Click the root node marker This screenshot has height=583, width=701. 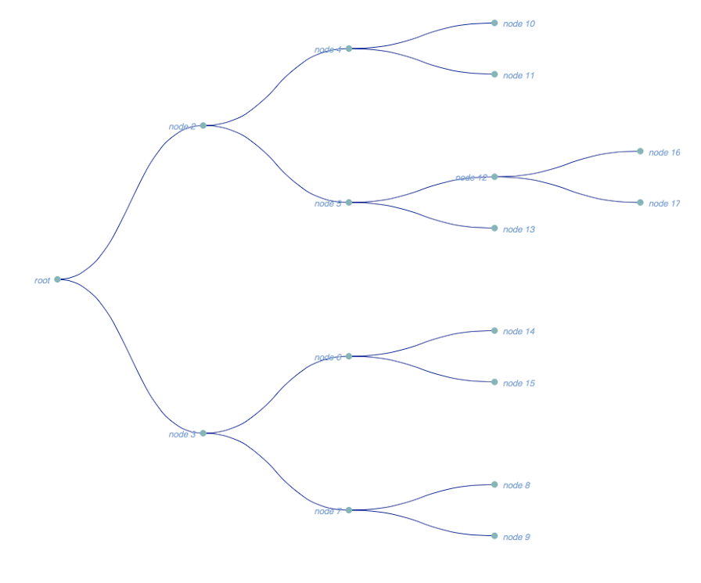pos(57,279)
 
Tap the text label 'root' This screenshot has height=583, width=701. pos(42,280)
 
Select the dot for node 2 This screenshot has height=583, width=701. pos(203,125)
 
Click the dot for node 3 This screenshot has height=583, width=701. pos(203,433)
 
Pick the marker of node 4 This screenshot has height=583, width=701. pos(349,49)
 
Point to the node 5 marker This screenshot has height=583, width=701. pos(349,202)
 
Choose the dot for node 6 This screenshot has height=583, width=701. pos(349,356)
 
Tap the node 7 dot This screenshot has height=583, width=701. pos(349,509)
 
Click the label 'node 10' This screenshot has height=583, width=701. pos(519,24)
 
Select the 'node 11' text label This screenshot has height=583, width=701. pos(519,76)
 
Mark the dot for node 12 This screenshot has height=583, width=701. pos(494,177)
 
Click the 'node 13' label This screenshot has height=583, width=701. pos(519,229)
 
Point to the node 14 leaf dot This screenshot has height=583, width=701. pos(494,330)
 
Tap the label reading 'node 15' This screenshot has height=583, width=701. pos(519,383)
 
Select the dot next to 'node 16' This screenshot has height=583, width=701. pos(640,151)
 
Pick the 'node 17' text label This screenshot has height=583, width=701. pos(664,204)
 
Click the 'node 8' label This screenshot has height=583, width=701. pos(516,486)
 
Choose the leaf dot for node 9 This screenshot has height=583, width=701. pos(494,536)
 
